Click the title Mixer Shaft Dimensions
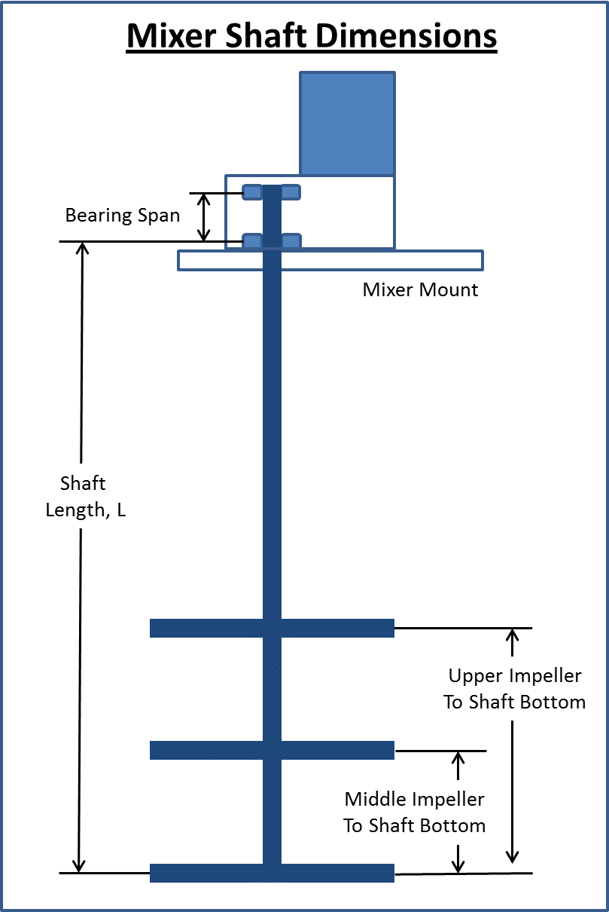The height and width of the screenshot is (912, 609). click(312, 35)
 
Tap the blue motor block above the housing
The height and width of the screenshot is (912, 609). click(347, 124)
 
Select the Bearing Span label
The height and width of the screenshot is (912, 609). click(122, 216)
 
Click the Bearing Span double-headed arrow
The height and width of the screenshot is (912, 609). click(203, 217)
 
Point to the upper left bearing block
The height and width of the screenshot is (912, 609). click(251, 192)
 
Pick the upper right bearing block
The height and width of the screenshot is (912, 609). click(291, 192)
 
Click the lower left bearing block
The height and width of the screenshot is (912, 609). click(251, 241)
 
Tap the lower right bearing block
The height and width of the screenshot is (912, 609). click(291, 241)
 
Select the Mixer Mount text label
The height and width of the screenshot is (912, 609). click(420, 290)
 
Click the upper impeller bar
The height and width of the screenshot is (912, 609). click(211, 628)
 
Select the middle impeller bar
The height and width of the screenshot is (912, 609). click(211, 751)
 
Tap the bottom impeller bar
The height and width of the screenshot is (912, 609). click(211, 873)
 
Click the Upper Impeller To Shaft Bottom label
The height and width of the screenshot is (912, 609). click(514, 688)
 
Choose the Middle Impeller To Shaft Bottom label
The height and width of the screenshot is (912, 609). click(414, 812)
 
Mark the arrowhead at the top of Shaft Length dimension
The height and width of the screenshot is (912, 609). click(82, 249)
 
